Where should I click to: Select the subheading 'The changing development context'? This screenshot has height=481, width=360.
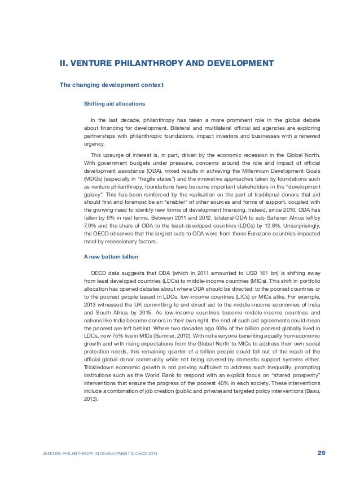[112, 85]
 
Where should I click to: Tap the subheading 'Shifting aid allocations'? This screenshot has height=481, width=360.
[115, 104]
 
